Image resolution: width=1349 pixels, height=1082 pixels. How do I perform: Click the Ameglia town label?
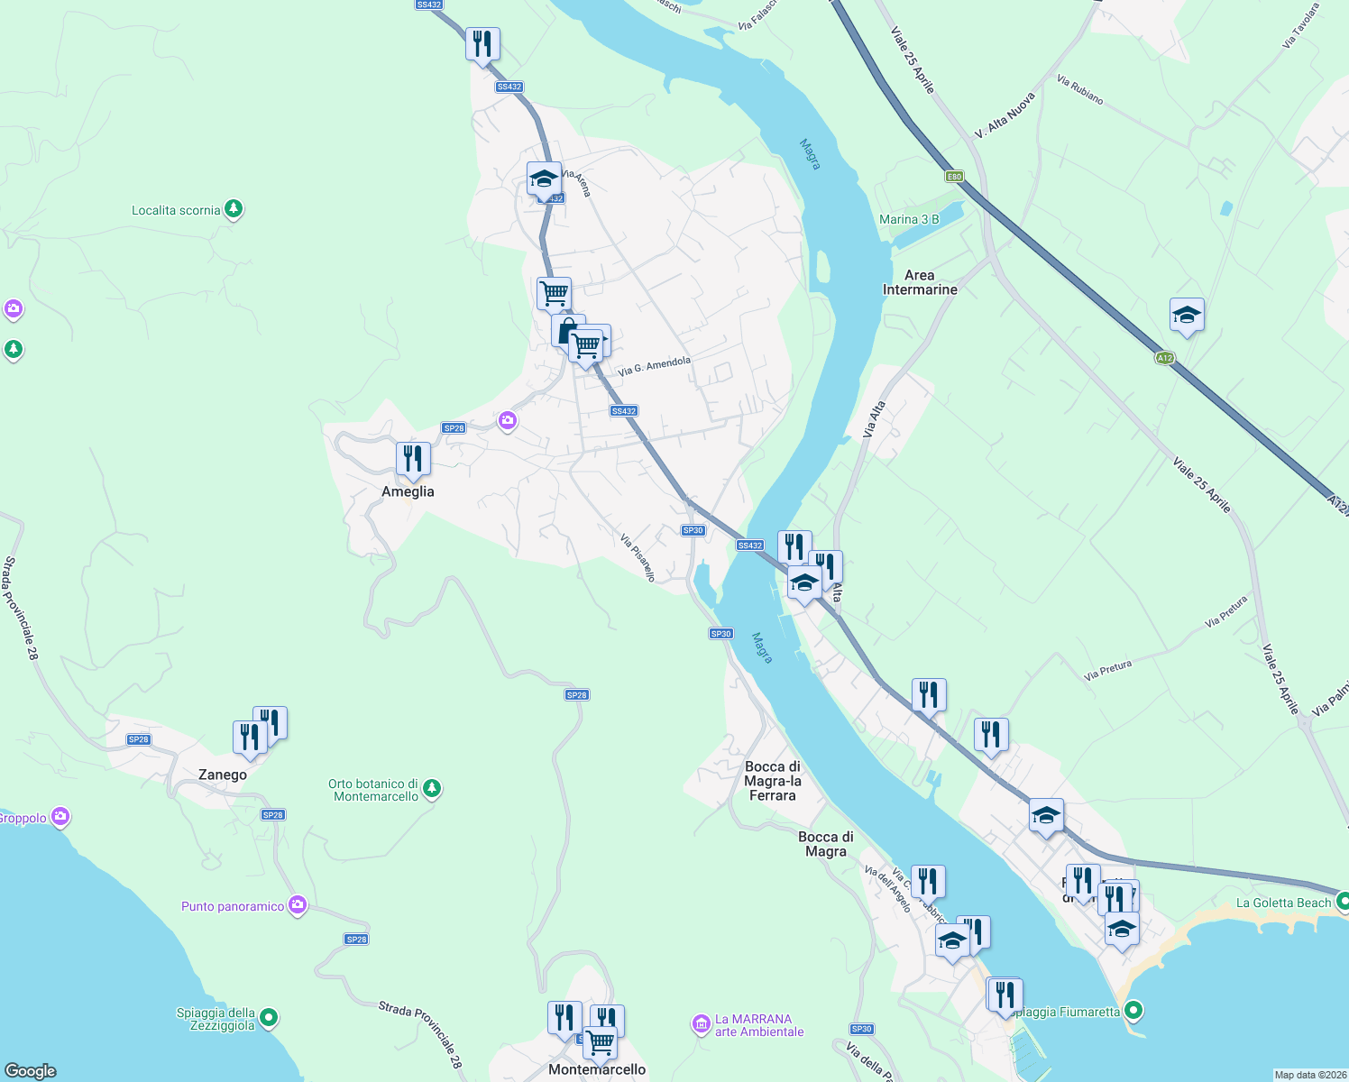coord(408,492)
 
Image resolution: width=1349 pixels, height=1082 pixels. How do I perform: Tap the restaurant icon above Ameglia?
coord(412,459)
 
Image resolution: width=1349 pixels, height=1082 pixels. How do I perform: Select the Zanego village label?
coord(223,775)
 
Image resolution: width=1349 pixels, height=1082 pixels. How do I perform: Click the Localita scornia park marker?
coord(234,209)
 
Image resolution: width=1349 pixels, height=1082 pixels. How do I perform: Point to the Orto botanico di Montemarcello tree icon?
coord(432,789)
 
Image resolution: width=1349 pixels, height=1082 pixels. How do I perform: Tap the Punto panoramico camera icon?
coord(298,905)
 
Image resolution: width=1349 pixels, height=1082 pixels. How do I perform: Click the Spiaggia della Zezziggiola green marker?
coord(269,1019)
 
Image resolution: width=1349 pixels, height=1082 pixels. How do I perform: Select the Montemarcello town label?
coord(597,1070)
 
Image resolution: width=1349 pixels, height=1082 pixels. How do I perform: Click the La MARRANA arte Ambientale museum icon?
coord(701,1024)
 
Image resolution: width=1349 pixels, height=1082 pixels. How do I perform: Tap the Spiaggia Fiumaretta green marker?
coord(1133,1011)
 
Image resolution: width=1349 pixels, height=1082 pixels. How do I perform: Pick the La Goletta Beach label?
coord(1283,903)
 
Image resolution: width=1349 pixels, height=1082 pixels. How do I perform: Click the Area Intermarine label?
coord(920,282)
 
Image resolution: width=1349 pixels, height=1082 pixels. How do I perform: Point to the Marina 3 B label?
coord(909,219)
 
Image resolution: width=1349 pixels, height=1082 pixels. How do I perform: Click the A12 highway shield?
coord(1165,358)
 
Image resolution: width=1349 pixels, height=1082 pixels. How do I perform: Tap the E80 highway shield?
coord(954,177)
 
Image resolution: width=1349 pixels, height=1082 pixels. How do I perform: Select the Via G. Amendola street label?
coord(654,366)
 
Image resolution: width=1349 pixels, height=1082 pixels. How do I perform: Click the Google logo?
coord(31,1071)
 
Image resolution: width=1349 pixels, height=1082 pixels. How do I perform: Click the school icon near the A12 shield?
coord(1187,315)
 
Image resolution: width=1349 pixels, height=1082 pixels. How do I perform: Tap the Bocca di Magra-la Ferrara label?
coord(773,781)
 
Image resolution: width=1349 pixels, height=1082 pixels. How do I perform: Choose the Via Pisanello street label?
coord(638,557)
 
